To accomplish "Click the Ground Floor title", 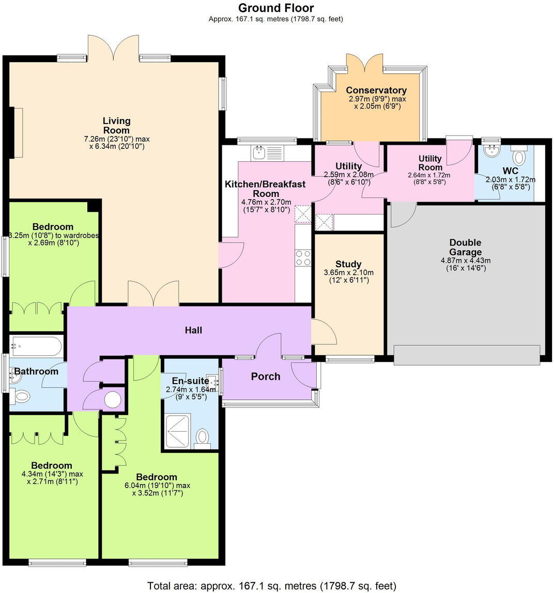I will click(276, 8).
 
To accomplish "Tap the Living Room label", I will click(116, 126).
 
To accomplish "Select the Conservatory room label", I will click(376, 90).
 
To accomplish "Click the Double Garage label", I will click(465, 247).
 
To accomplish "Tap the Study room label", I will click(349, 264).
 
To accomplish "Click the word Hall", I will click(194, 330).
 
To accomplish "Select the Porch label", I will click(266, 376).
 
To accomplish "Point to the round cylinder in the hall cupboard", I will click(112, 400).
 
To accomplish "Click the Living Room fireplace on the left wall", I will click(18, 132).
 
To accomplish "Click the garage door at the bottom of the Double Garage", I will click(467, 355).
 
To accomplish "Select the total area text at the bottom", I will click(272, 586).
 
